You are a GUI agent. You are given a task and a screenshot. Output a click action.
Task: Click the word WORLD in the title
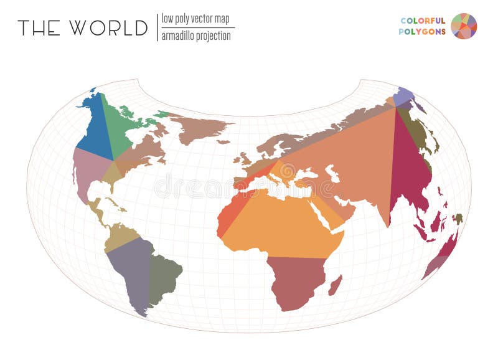click(x=109, y=28)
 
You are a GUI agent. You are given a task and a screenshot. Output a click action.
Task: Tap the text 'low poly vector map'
click(x=195, y=19)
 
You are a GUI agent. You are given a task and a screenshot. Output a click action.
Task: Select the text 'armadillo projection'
click(x=196, y=36)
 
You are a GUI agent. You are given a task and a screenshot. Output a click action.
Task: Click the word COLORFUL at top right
click(x=423, y=20)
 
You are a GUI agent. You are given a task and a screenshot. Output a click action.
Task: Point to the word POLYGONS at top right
click(x=422, y=32)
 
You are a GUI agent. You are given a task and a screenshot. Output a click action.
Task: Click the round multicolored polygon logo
click(x=464, y=26)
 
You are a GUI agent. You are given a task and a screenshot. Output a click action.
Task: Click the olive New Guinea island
click(x=458, y=219)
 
